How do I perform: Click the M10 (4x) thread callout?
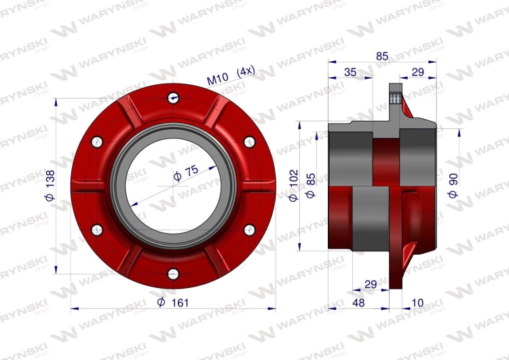[x=231, y=75]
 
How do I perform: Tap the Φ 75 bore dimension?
[x=186, y=173]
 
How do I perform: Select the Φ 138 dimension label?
[x=50, y=185]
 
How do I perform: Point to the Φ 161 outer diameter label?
[x=172, y=302]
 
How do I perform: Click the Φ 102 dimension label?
[x=293, y=185]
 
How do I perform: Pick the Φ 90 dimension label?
[x=453, y=185]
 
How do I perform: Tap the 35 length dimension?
[x=350, y=72]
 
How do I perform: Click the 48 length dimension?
[x=358, y=303]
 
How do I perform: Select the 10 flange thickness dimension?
[x=417, y=303]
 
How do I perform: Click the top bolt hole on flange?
[x=173, y=98]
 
